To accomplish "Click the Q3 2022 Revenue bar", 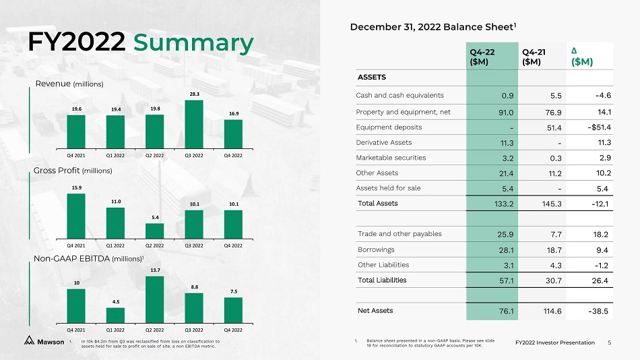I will (194, 123).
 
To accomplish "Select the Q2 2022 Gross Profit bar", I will (154, 231).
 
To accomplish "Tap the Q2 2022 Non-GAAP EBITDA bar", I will (154, 299).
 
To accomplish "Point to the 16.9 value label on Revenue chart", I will (233, 114).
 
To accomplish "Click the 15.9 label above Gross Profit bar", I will (76, 187).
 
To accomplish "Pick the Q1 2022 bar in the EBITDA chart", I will (115, 314).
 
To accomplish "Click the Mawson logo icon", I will (30, 340).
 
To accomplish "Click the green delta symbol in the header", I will (573, 51).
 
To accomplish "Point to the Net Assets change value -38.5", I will (598, 311).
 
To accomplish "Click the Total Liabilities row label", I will (382, 279).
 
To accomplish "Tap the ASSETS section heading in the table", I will (371, 77).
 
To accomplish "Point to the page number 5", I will (609, 342).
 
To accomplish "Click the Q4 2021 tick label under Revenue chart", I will (76, 154).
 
